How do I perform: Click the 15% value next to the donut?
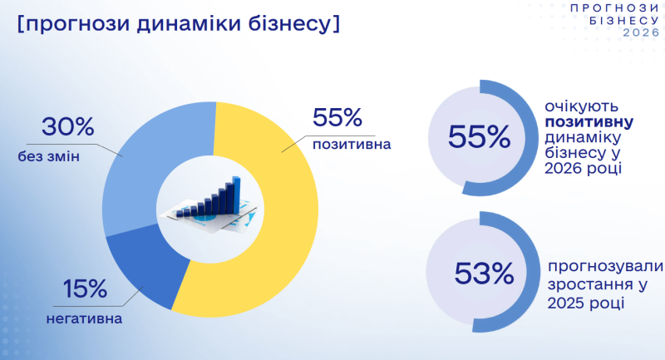pos(85,289)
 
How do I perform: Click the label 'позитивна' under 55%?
pos(351,145)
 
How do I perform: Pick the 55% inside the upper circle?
pos(479,137)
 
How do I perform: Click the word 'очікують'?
pos(580,106)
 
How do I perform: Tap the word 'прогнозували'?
pos(605,266)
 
